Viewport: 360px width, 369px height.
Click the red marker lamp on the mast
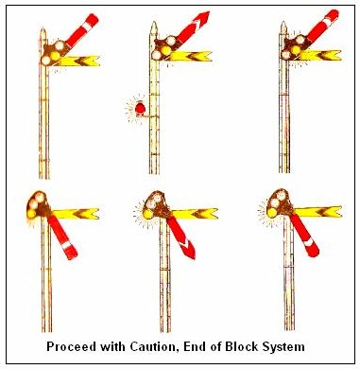[140, 109]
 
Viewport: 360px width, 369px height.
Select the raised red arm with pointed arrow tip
[192, 27]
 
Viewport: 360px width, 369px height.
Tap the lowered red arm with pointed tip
[180, 237]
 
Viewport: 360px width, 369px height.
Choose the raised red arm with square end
[82, 30]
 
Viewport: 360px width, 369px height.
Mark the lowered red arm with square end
[62, 237]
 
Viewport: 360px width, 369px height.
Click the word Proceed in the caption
[71, 347]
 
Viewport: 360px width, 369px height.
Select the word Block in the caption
[242, 347]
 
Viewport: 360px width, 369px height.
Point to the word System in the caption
[283, 347]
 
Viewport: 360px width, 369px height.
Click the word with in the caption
[112, 347]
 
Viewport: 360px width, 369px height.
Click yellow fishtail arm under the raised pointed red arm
[191, 56]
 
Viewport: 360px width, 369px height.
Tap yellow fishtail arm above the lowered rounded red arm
[317, 212]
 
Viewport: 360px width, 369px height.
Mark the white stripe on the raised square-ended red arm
[87, 26]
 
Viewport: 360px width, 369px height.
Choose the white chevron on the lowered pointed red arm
[186, 243]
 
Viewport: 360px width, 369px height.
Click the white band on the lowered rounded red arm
[309, 242]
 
